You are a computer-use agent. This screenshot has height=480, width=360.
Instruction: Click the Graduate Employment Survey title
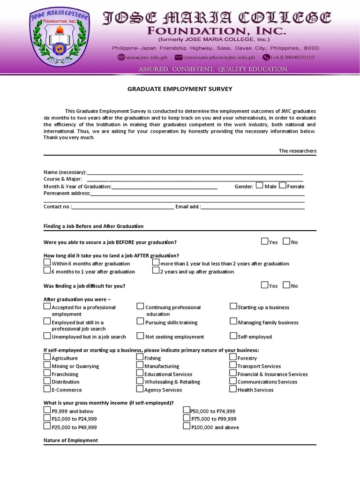tap(180, 89)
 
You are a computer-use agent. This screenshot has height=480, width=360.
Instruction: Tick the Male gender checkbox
tap(260, 185)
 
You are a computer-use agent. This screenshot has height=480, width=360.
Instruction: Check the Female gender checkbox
tap(282, 185)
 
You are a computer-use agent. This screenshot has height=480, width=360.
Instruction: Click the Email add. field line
tap(253, 207)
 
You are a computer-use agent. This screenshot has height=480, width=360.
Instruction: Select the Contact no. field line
tap(122, 207)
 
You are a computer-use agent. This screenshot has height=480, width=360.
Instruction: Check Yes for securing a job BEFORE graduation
tap(265, 241)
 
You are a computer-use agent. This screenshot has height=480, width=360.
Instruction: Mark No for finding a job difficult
tap(286, 285)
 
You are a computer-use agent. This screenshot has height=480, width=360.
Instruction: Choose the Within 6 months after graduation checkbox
tap(47, 263)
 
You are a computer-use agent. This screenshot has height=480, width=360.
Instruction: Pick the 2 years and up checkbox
tap(156, 270)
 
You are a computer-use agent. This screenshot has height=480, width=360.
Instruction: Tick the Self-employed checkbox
tap(233, 336)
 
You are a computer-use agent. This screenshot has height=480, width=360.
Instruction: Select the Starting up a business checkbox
tap(233, 306)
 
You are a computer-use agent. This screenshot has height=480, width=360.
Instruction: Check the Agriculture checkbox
tap(47, 357)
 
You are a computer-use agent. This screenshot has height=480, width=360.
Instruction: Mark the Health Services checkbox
tap(233, 389)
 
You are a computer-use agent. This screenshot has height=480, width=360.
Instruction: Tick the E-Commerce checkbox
tap(47, 389)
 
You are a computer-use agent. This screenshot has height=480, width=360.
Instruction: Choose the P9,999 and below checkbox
tap(47, 410)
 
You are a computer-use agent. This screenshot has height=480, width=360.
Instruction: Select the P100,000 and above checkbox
tap(187, 426)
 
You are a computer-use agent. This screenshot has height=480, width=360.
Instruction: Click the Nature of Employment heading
tap(71, 441)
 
